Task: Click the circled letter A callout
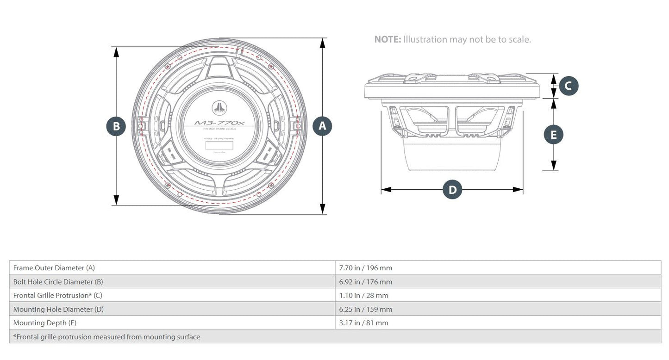coord(323,126)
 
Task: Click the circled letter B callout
coord(116,126)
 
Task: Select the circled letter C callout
coord(569,86)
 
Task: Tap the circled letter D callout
coord(452,189)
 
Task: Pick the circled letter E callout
coord(553,135)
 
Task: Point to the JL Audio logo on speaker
coord(219,109)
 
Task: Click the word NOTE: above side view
coord(387,39)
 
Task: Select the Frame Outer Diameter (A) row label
coord(54,267)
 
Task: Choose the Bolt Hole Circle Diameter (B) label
coord(58,281)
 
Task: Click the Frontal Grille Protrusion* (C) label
coord(58,295)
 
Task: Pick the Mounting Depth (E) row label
coord(45,323)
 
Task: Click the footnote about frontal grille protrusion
coord(107,337)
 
